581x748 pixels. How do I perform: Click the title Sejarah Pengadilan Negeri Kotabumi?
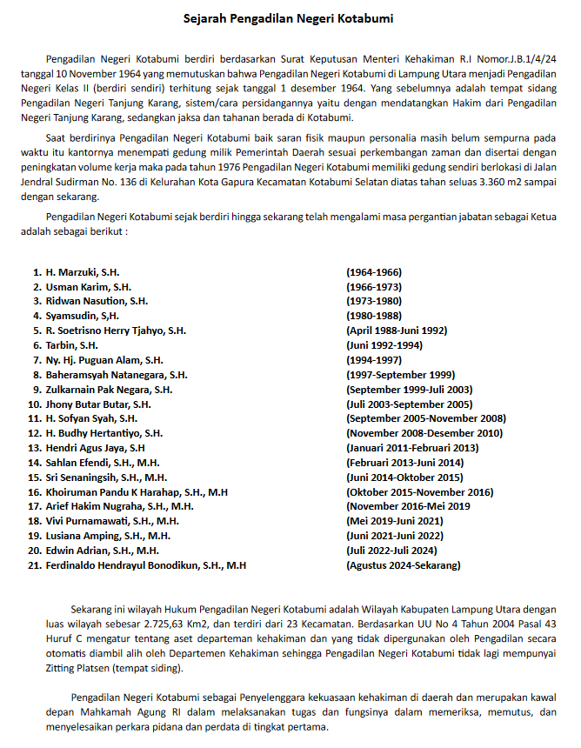tap(290, 17)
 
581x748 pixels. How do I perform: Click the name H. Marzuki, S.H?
tap(83, 272)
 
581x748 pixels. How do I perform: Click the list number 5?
tap(37, 331)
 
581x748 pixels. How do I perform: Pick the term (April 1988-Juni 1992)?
tap(397, 331)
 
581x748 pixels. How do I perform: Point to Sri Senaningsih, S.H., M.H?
tap(106, 478)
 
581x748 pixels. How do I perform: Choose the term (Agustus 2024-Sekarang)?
tap(404, 565)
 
